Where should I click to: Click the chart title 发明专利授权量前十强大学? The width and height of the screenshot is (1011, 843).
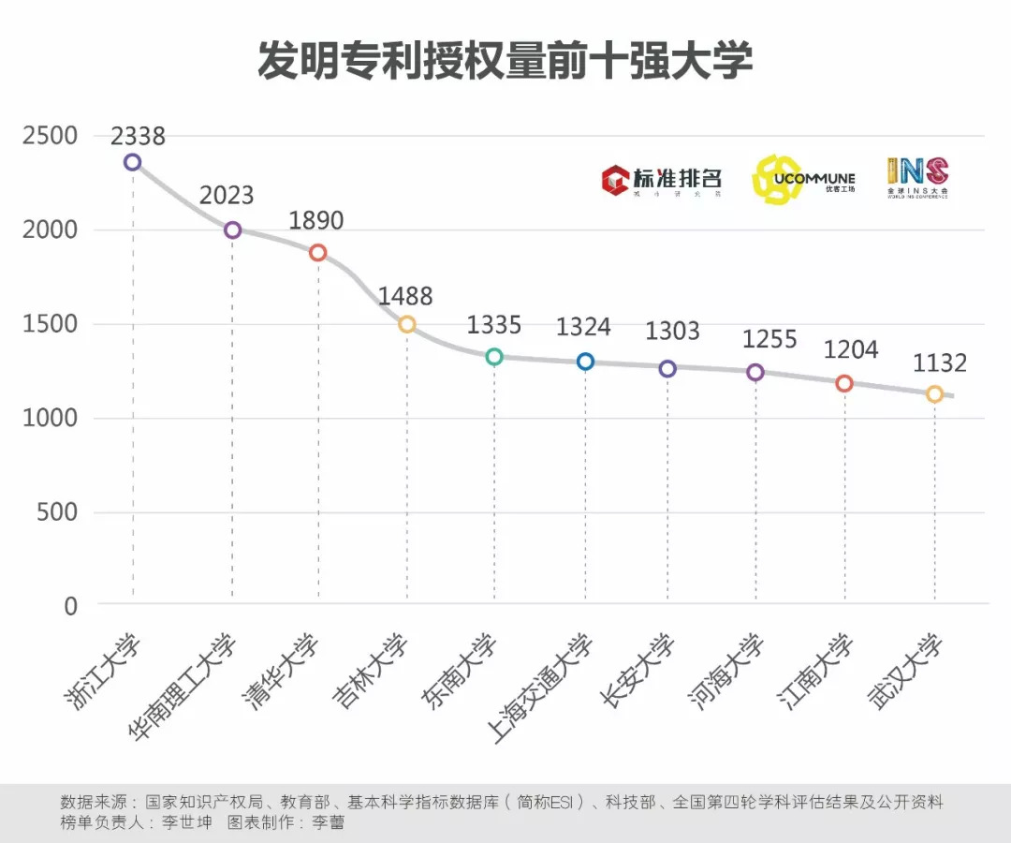[x=505, y=63]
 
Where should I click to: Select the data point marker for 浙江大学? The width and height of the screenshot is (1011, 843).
[x=132, y=162]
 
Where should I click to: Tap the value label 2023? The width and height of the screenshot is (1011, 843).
[x=227, y=195]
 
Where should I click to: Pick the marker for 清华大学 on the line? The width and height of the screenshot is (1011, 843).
[x=317, y=253]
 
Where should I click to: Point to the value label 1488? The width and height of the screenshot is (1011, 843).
[x=405, y=297]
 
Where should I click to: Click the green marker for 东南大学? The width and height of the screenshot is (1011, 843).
[x=494, y=357]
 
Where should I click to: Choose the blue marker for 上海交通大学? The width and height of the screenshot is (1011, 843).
[x=585, y=362]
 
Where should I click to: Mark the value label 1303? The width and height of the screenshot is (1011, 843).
[x=672, y=331]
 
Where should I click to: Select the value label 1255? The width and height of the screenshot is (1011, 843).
[x=769, y=339]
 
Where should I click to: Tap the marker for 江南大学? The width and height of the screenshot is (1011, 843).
[x=844, y=383]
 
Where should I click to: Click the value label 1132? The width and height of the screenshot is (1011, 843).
[x=939, y=363]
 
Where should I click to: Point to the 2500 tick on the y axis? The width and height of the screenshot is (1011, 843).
[x=51, y=136]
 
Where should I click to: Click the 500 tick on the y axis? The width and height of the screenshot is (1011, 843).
[x=58, y=512]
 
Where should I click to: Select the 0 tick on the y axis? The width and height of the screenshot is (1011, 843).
[x=71, y=606]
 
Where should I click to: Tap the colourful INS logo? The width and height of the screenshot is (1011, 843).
[x=917, y=176]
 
